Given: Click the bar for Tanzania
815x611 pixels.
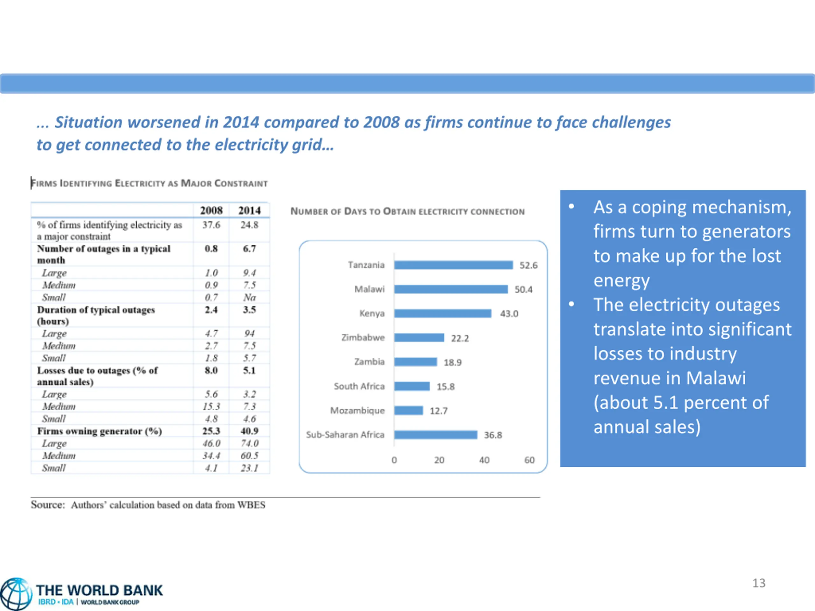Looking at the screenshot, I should click(453, 265).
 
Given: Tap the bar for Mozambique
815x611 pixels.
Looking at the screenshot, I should click(408, 411).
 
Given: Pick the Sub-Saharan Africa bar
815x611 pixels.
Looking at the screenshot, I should click(436, 435).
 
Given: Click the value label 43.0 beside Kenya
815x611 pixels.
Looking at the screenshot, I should click(509, 314).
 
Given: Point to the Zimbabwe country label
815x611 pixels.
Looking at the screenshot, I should click(363, 338).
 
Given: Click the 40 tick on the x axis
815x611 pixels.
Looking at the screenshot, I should click(484, 460).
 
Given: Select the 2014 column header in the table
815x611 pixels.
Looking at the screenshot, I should click(250, 210).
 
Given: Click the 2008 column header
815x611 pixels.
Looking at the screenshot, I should click(211, 210).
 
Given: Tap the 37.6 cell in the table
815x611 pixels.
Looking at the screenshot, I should click(211, 225).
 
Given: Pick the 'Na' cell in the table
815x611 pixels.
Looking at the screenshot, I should click(250, 297).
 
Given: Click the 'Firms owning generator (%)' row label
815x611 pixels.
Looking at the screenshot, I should click(99, 431).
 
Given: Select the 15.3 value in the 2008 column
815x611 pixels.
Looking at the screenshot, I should click(211, 407).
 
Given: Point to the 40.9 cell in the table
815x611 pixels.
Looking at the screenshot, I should click(250, 431).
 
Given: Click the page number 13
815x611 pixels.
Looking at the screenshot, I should click(759, 583).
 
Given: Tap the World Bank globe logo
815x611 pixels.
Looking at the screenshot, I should click(16, 594).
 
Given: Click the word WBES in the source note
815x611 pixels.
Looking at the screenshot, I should click(251, 505).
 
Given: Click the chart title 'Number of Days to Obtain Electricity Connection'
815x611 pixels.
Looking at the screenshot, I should click(407, 211).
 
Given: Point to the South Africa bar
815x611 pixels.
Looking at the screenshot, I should click(412, 386).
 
